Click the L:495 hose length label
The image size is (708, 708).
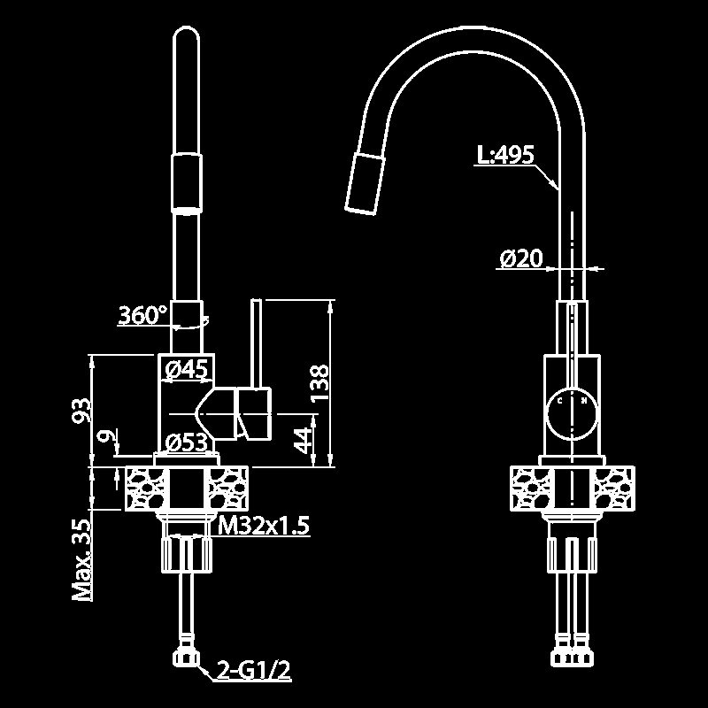click(505, 155)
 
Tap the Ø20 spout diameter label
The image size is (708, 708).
click(521, 258)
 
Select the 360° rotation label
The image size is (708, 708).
click(142, 315)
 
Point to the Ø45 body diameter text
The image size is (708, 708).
click(187, 369)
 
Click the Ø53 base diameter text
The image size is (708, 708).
click(187, 442)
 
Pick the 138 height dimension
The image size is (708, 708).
click(320, 383)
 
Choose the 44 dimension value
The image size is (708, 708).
click(303, 440)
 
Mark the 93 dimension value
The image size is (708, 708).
click(81, 410)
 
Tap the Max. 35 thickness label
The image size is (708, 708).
click(82, 560)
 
